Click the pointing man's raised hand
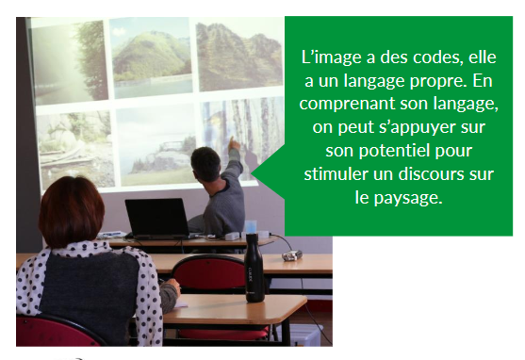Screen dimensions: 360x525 [x=233, y=144]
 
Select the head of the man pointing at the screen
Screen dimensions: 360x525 [x=205, y=164]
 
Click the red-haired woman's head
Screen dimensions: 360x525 [x=72, y=211]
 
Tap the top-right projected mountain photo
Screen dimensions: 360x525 [x=238, y=57]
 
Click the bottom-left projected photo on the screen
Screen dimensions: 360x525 [x=74, y=146]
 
